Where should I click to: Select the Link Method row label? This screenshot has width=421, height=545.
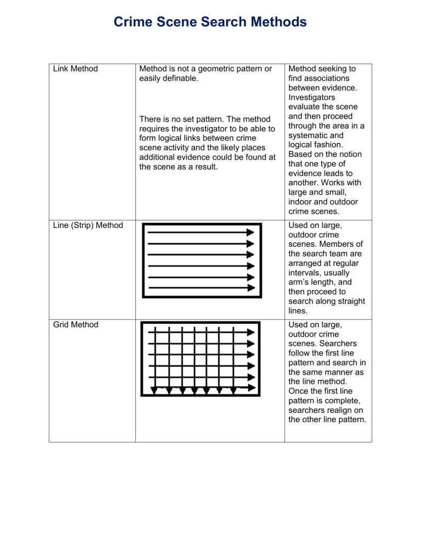76,69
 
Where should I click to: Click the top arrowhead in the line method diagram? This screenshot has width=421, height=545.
251,232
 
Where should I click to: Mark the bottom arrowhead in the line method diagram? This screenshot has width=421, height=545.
251,287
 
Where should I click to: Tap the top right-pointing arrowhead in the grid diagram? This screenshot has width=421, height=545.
251,332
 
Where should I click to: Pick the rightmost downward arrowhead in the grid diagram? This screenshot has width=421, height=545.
234,390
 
